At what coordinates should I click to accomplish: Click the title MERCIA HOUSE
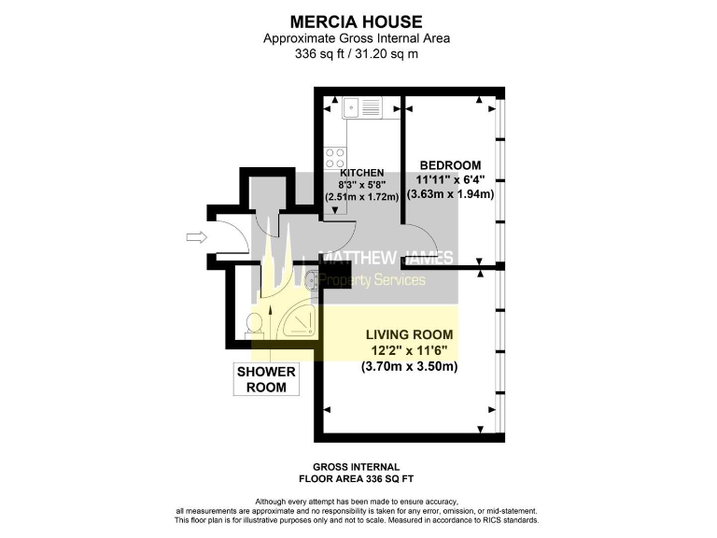[x=358, y=21]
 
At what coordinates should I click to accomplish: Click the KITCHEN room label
[x=362, y=173]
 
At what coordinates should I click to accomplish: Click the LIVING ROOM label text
[x=409, y=334]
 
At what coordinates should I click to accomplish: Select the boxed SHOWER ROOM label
[x=265, y=379]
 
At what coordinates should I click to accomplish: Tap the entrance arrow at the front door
[x=196, y=238]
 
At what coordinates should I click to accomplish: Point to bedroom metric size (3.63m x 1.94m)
[x=450, y=194]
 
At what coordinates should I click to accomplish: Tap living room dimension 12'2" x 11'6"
[x=409, y=350]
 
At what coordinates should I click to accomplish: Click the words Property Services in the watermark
[x=373, y=280]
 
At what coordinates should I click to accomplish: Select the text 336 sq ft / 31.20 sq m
[x=358, y=53]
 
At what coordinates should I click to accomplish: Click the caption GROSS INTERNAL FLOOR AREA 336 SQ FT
[x=357, y=473]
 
